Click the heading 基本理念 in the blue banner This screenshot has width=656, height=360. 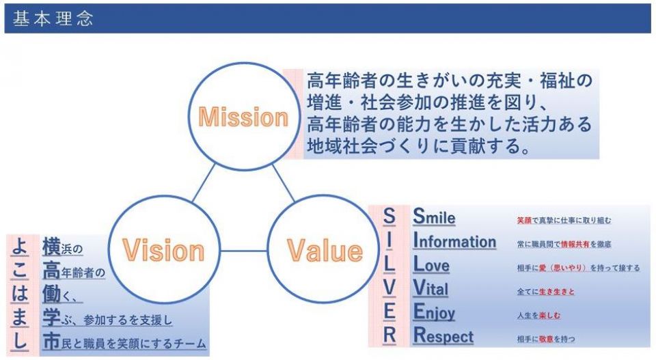[53, 19]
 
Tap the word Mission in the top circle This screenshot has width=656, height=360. [243, 117]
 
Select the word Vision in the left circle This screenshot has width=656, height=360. [163, 251]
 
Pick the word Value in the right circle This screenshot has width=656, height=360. [325, 251]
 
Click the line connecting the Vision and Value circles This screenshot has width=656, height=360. [243, 251]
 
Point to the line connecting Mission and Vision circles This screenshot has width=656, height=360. [204, 183]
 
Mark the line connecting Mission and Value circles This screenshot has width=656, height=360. [284, 183]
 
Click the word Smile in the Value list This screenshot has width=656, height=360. [434, 217]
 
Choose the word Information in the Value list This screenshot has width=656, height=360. [454, 240]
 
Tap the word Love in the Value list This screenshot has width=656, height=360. [431, 264]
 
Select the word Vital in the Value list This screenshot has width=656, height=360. [430, 288]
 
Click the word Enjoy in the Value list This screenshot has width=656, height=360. [434, 312]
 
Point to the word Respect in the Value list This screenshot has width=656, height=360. [443, 335]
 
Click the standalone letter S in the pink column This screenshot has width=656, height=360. [389, 216]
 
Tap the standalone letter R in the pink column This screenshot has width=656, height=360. [389, 335]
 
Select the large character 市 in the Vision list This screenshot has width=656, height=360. [51, 342]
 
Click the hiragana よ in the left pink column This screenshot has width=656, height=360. [19, 247]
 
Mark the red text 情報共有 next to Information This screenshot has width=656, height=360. [575, 244]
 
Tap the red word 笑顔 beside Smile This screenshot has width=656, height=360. [524, 221]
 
